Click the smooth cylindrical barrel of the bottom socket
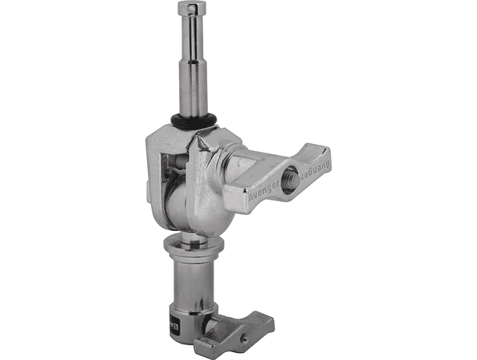194,290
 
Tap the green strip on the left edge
29,180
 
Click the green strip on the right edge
447,180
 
